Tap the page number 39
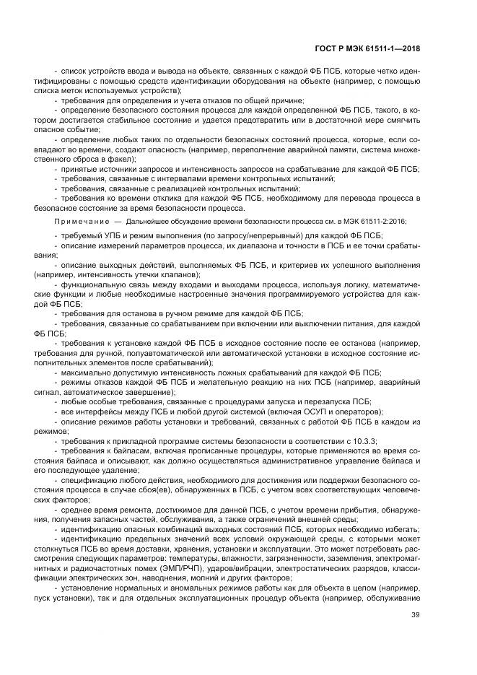point(414,614)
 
